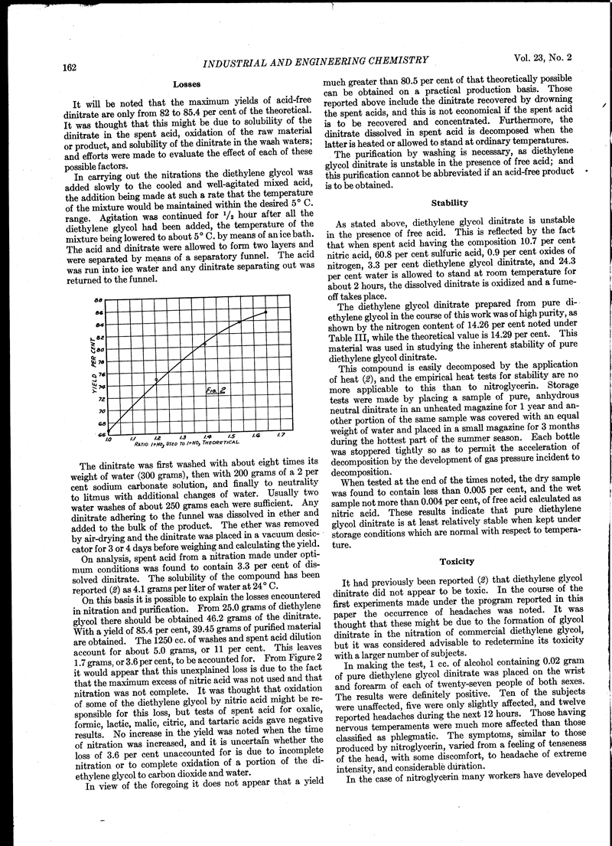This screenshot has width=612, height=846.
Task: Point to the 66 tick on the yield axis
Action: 99,435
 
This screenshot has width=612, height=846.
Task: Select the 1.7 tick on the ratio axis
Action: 280,436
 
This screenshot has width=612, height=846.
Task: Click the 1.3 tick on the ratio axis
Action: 182,438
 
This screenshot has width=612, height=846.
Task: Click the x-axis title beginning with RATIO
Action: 187,444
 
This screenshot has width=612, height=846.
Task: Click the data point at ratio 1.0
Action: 107,433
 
